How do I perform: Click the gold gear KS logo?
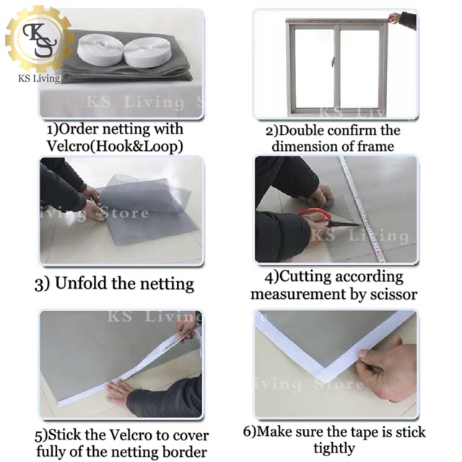(39, 39)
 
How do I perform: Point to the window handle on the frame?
(334, 61)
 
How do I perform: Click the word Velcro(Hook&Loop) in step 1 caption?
(115, 146)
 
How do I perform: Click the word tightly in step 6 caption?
(334, 448)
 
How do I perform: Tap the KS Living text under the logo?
(39, 79)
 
